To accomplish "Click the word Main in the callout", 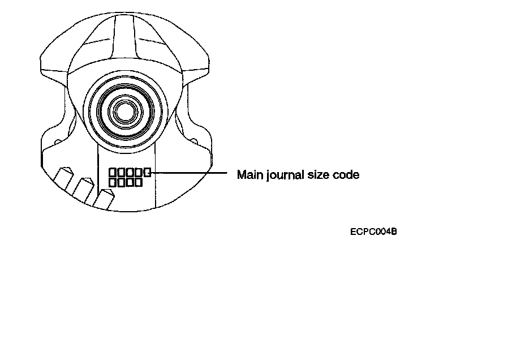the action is click(247, 174).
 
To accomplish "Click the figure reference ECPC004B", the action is click(373, 231).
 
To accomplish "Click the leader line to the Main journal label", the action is click(190, 172).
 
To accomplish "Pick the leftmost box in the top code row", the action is click(113, 172).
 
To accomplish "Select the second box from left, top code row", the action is click(121, 172).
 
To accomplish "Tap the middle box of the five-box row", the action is click(130, 172).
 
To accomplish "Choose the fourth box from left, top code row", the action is click(138, 172).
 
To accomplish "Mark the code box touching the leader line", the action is click(147, 172).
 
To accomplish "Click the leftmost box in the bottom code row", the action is click(113, 183).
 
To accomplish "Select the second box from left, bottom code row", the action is click(121, 183).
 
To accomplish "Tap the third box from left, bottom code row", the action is click(130, 183).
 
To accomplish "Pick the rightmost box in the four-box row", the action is click(138, 183).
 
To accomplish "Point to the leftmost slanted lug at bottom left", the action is click(64, 179).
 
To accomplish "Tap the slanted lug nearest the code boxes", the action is click(105, 199).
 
